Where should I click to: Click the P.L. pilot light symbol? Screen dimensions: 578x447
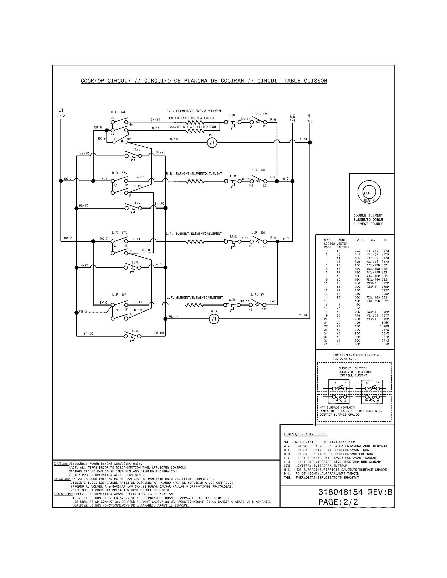[212, 143]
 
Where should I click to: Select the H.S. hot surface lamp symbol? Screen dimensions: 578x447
[214, 319]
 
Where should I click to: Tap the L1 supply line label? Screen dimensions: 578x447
[61, 110]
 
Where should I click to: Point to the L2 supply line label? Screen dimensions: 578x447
[292, 116]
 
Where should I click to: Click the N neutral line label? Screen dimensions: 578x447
[309, 116]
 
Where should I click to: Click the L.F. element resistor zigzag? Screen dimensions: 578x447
[194, 305]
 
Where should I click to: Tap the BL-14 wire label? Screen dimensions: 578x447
[174, 317]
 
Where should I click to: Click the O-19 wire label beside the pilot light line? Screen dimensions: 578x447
[174, 139]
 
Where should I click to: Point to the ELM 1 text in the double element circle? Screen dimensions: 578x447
[369, 193]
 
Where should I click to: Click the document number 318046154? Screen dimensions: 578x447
[340, 492]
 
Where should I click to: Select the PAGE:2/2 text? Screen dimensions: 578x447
[338, 502]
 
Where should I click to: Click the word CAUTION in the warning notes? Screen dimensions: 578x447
[61, 464]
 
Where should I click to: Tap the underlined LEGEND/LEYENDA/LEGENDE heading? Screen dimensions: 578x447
[305, 434]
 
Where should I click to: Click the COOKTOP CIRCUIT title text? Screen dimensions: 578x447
[106, 81]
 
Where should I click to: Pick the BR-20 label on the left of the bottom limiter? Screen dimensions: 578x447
[88, 333]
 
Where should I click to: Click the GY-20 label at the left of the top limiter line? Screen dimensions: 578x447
[84, 153]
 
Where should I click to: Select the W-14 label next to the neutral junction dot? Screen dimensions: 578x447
[303, 139]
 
